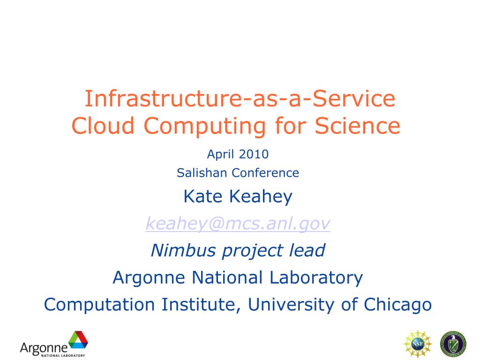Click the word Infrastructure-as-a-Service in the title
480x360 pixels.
[240, 99]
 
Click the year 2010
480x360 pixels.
[253, 154]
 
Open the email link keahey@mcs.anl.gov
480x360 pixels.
[238, 224]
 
